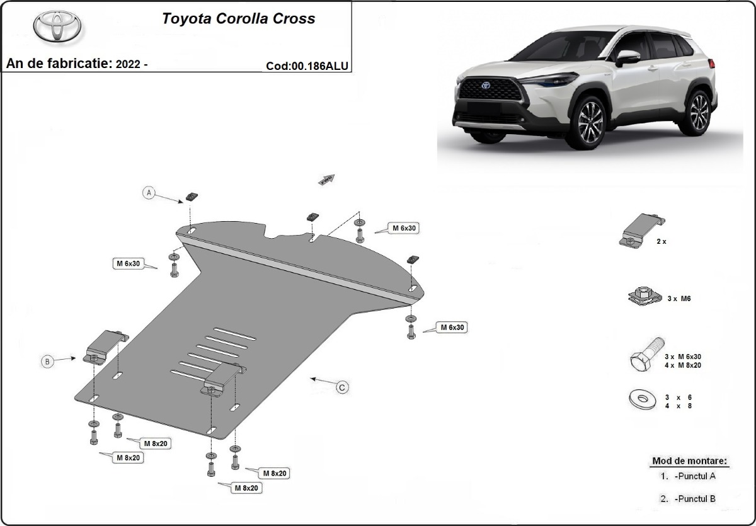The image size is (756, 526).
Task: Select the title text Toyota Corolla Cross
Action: tap(239, 18)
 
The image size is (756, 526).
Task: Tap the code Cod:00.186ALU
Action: tap(307, 66)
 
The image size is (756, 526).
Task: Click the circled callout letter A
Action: tap(149, 193)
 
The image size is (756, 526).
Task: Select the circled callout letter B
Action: tap(47, 361)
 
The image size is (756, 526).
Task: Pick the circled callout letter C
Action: tap(341, 387)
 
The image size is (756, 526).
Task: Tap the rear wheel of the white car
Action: tap(699, 111)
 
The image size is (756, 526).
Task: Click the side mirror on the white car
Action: tap(626, 57)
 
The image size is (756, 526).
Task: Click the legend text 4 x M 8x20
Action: tap(683, 365)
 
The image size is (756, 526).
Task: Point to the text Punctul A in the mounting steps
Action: tap(694, 476)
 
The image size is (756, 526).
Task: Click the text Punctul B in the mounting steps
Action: tap(694, 498)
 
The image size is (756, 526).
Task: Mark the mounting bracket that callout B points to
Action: tap(105, 345)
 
